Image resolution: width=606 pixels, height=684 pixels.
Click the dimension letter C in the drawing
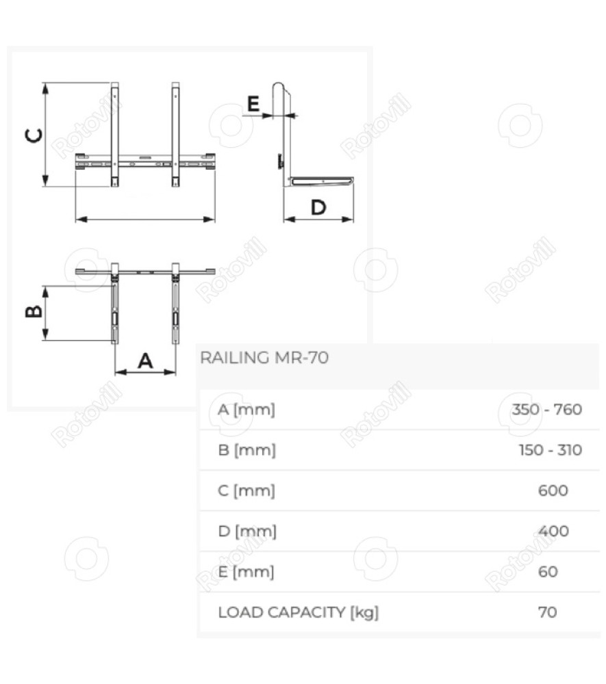[x=34, y=135]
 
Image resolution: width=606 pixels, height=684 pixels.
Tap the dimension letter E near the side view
[x=253, y=104]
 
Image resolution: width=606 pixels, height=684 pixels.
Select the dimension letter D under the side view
[x=318, y=207]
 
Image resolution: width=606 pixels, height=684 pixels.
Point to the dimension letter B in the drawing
[x=34, y=311]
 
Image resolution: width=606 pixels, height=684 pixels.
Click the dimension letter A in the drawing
[x=145, y=360]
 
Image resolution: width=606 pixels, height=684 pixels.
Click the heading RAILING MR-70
[x=264, y=358]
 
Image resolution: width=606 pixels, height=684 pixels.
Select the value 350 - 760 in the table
[x=546, y=410]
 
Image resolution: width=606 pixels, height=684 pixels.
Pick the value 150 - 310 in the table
[x=550, y=450]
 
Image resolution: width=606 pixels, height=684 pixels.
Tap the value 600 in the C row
[x=553, y=490]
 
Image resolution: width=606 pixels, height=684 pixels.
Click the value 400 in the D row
[x=553, y=531]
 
